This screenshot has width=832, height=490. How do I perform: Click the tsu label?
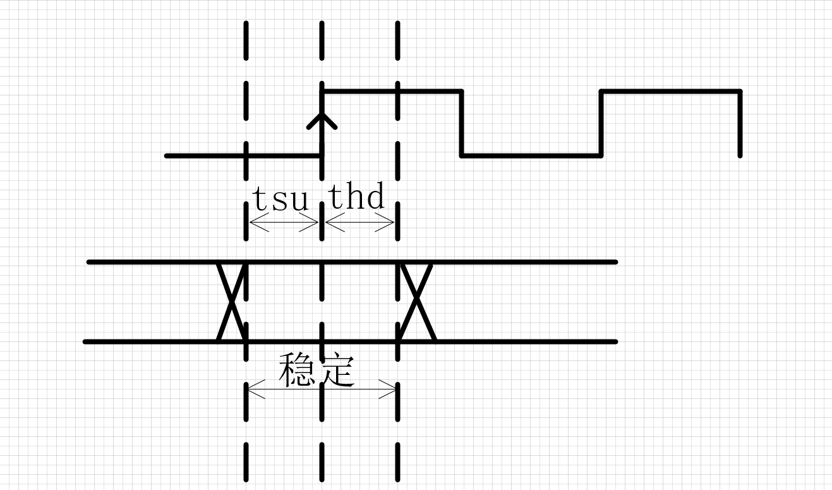tap(280, 199)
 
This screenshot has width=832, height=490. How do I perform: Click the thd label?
tap(357, 195)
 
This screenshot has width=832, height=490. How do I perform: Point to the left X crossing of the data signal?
tap(231, 302)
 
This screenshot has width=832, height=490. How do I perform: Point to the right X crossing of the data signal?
tap(417, 302)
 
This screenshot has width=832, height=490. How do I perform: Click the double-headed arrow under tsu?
tap(284, 223)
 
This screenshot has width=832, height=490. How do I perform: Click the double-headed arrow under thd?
tap(359, 223)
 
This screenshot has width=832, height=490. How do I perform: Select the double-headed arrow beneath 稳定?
tap(322, 389)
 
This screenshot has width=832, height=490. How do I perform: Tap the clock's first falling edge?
tap(461, 123)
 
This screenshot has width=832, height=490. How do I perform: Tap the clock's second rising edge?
tap(601, 123)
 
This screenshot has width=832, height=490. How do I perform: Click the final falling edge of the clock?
tap(740, 123)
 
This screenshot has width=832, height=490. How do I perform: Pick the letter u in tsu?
tap(299, 201)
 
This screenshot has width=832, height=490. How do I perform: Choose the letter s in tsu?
tap(280, 201)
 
